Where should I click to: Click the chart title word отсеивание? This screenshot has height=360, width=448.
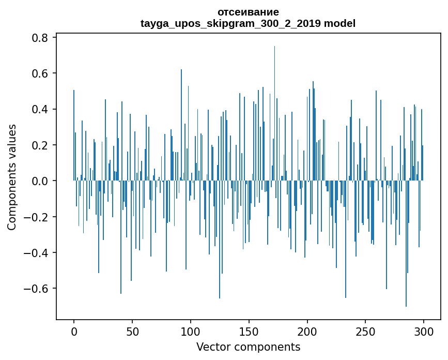(248, 12)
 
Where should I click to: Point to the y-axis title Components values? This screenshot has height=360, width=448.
(12, 177)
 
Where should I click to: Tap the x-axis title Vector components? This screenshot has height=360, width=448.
(248, 347)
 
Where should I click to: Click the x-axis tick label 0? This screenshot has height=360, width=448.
(74, 331)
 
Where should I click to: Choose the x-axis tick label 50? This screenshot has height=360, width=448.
(132, 331)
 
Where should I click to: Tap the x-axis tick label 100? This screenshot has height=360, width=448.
(191, 331)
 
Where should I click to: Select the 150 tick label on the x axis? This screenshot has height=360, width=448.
(249, 331)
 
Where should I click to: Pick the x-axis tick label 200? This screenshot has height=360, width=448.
(307, 331)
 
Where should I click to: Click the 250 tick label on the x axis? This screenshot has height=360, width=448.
(365, 331)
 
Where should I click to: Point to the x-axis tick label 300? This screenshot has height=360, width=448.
(424, 331)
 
